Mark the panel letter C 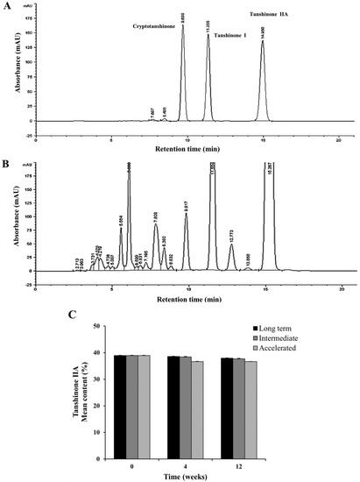[x=69, y=313]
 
